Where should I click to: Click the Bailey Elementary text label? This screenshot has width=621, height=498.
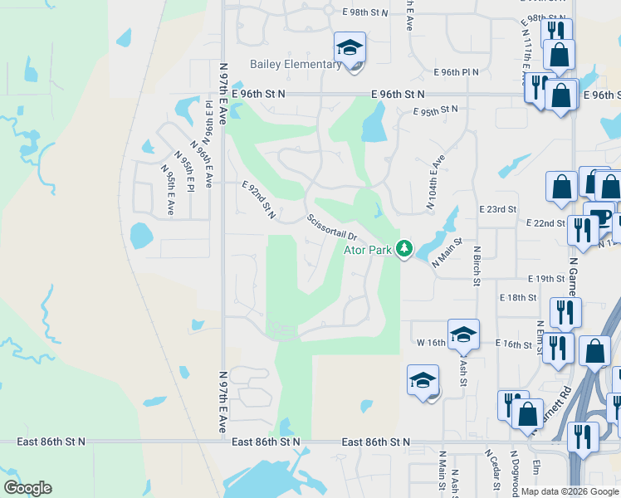tap(296, 65)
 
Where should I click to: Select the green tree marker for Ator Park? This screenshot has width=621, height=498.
tap(404, 247)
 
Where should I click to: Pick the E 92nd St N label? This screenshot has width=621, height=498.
tap(258, 203)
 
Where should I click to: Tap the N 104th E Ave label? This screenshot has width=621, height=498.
tap(436, 183)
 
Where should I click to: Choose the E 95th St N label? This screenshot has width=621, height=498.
tap(436, 110)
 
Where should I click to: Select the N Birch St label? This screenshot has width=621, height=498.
tap(477, 266)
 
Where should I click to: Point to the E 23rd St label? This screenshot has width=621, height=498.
tap(498, 210)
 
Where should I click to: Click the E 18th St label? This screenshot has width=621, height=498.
tap(518, 297)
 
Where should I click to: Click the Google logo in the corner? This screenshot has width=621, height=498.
tap(27, 488)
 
